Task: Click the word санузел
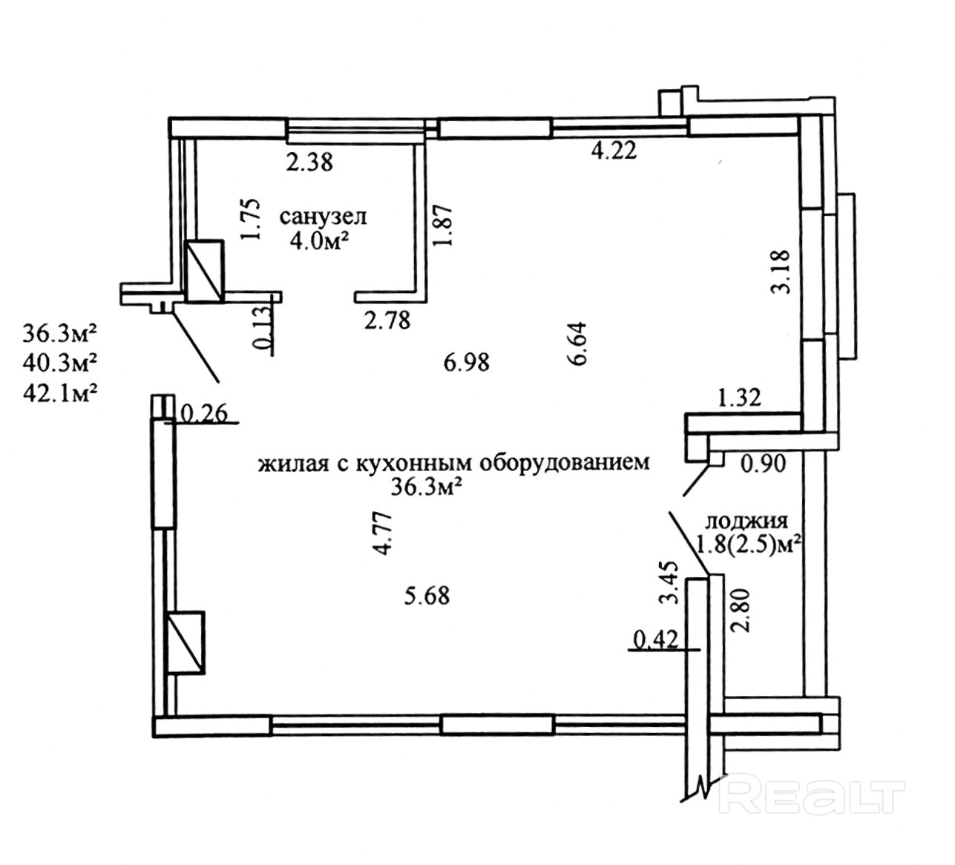(324, 217)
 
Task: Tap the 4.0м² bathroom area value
(324, 242)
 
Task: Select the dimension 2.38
(309, 161)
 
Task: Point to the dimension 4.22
(614, 151)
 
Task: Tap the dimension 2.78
(387, 321)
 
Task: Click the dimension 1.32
(739, 399)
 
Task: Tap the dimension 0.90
(763, 464)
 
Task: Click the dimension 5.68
(427, 595)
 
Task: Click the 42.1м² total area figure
(61, 389)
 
